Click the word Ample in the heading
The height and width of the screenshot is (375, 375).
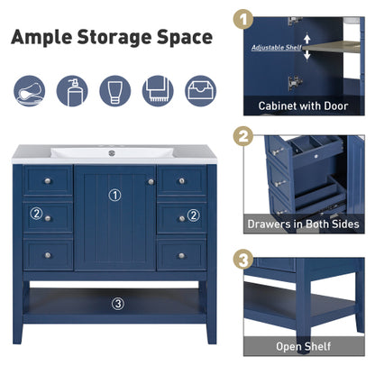tap(45, 38)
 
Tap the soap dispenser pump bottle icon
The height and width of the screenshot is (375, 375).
tap(71, 90)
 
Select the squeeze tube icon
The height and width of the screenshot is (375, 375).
tap(114, 90)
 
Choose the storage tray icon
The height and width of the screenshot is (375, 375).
tap(201, 90)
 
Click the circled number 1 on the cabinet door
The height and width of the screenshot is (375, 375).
tap(114, 195)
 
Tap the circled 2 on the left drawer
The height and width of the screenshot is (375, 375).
tap(37, 215)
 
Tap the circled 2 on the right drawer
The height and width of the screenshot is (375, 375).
tap(192, 215)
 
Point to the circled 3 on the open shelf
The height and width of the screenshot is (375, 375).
tap(117, 303)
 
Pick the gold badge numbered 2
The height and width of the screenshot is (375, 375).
tap(242, 138)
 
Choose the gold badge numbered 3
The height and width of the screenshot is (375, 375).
tap(242, 259)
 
